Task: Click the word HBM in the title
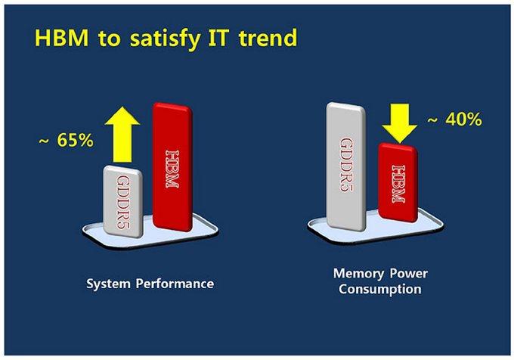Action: (x=62, y=38)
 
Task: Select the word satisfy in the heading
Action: (x=165, y=39)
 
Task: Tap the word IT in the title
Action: (x=218, y=38)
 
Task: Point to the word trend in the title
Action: (x=268, y=38)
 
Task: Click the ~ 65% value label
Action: (x=67, y=141)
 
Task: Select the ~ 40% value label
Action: (x=455, y=119)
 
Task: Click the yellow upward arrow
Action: (x=122, y=135)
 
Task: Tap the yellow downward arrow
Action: (x=400, y=123)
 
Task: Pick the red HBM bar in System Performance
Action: (x=172, y=167)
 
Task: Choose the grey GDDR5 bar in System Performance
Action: (x=123, y=202)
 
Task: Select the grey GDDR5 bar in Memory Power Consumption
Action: (x=346, y=166)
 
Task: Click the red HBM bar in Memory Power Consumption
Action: (x=398, y=182)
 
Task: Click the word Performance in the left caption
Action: (x=175, y=284)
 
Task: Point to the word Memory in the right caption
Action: (x=358, y=273)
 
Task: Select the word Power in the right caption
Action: (x=409, y=273)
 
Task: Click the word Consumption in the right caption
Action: (x=380, y=289)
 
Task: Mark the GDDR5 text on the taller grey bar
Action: (x=346, y=165)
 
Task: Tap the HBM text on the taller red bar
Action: (x=172, y=169)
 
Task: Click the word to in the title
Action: (x=109, y=39)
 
